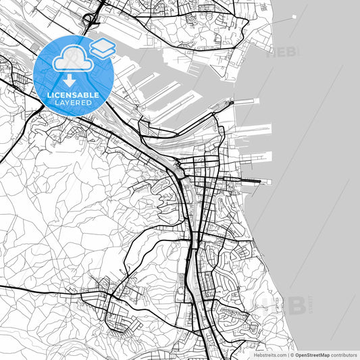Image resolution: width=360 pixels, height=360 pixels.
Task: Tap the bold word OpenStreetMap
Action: (x=311, y=355)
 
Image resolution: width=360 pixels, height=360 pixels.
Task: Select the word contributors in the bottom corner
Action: (x=345, y=355)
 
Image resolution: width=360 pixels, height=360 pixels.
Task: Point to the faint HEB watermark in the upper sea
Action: (x=283, y=53)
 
